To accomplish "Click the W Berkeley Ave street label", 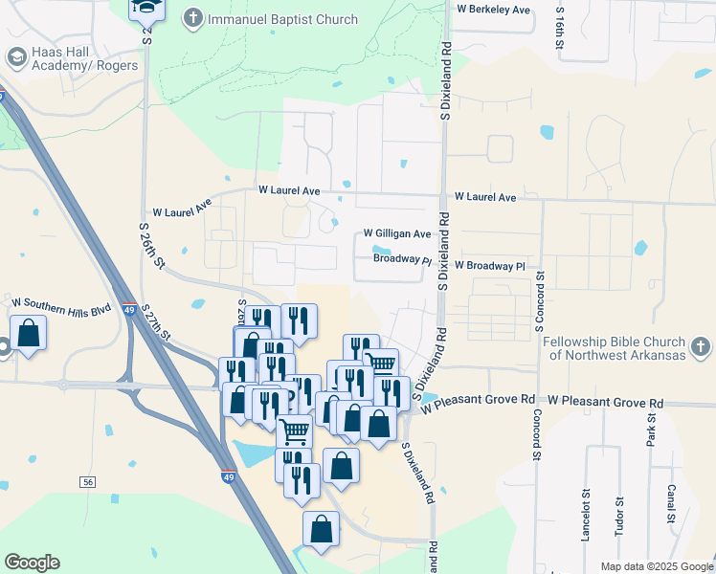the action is click(x=493, y=10).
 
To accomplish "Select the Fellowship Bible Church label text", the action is click(x=613, y=348).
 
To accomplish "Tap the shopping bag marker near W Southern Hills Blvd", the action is click(x=28, y=334).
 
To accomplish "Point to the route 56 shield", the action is click(x=89, y=481).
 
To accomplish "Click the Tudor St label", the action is click(x=619, y=516).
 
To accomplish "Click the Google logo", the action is click(x=32, y=563).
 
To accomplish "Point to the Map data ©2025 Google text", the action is click(x=656, y=566).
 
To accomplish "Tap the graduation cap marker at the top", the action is click(x=147, y=9).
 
